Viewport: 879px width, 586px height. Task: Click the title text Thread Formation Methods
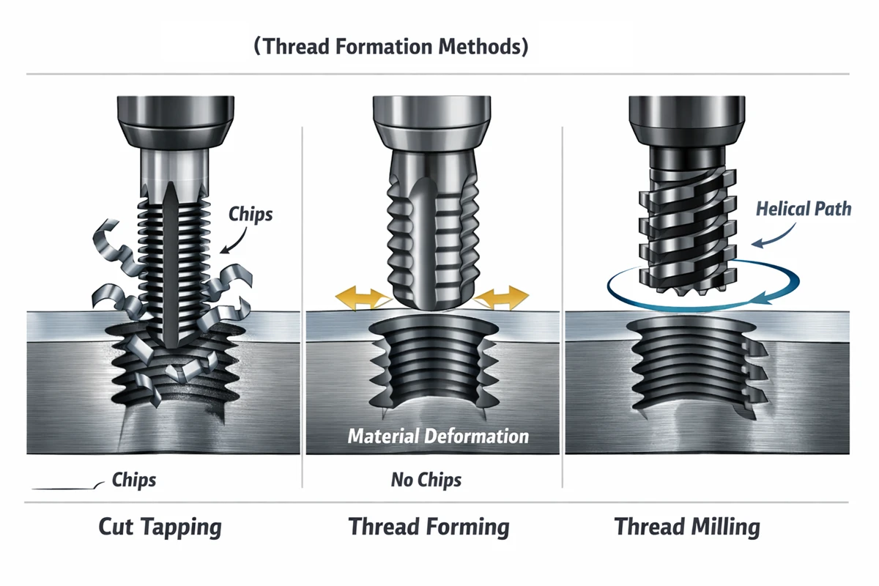pos(391,47)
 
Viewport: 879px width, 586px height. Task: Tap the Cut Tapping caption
pos(160,527)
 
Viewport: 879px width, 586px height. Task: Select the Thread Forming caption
pos(429,527)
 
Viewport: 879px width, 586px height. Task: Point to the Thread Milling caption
pos(686,527)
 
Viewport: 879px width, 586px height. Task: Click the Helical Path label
pos(804,209)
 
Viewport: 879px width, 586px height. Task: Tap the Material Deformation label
pos(438,437)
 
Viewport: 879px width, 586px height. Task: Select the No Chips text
pos(426,481)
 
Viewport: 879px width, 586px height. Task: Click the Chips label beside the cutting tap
pos(251,215)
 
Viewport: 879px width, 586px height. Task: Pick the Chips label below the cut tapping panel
pos(134,481)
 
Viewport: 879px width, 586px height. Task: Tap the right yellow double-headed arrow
pos(502,298)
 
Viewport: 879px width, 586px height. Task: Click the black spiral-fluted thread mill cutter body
pos(686,220)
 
